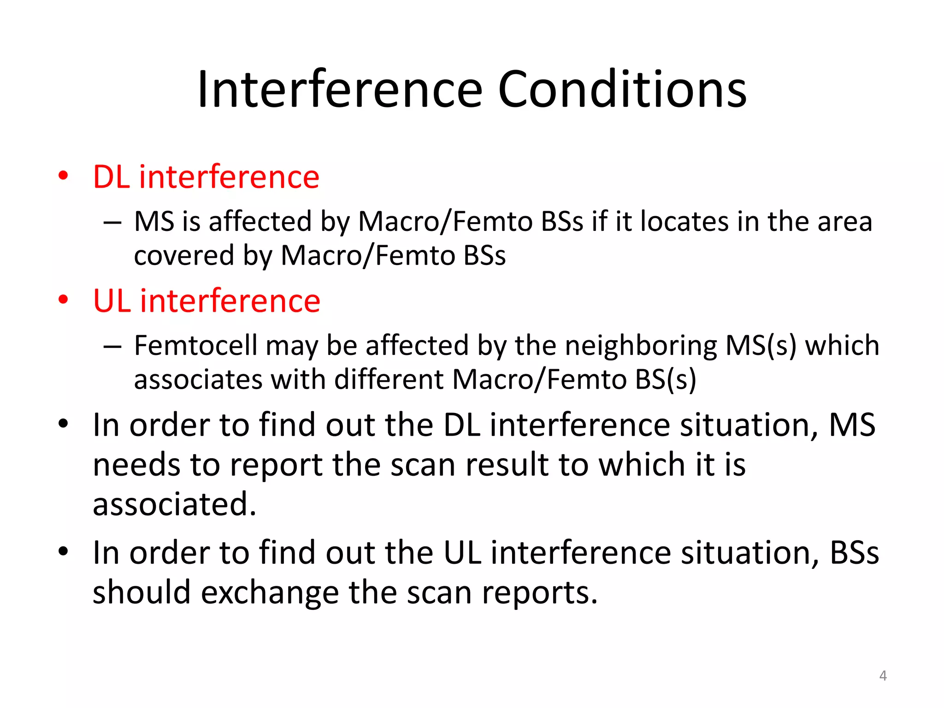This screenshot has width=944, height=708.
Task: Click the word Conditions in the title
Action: click(622, 89)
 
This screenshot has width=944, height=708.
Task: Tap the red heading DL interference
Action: click(206, 177)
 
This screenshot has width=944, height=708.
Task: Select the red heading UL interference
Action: click(206, 301)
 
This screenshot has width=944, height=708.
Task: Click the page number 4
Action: click(883, 676)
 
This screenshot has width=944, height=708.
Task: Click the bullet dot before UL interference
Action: click(63, 300)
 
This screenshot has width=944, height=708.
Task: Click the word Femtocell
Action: click(195, 345)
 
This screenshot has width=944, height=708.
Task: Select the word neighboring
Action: click(641, 346)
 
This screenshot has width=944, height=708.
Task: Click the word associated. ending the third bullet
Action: click(174, 504)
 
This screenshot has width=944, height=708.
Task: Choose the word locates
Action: click(684, 222)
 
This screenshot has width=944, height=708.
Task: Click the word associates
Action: click(198, 380)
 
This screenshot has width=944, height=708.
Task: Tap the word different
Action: click(389, 380)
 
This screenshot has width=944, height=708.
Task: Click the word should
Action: click(142, 592)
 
